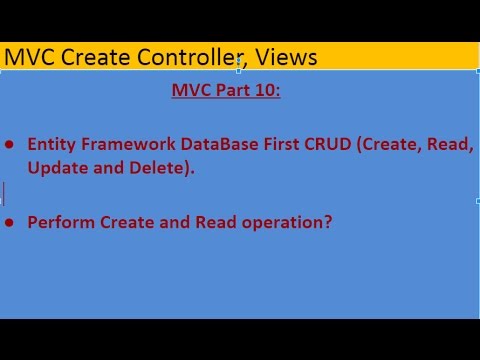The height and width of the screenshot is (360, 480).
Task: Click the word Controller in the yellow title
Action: [184, 58]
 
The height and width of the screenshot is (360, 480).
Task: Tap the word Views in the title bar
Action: [285, 58]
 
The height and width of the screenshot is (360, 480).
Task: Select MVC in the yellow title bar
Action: [28, 58]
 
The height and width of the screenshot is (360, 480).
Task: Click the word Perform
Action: [61, 222]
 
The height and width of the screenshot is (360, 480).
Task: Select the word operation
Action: [279, 223]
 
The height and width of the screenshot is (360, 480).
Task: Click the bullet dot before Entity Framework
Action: [10, 146]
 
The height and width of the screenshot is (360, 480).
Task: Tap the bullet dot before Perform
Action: [10, 223]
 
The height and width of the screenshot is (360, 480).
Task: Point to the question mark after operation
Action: [327, 222]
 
